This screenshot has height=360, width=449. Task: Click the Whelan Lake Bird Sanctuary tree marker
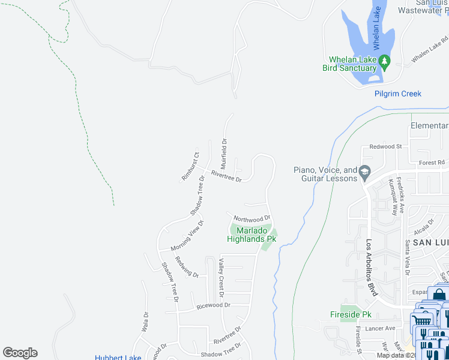point(384,61)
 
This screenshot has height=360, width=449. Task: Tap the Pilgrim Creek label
point(398,94)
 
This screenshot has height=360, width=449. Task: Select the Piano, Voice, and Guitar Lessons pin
point(364,173)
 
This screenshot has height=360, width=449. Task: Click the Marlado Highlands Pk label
point(252,235)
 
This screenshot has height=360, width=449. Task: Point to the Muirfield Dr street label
point(223,154)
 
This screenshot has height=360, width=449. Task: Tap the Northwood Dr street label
point(252,218)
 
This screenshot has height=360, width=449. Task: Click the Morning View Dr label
point(187,236)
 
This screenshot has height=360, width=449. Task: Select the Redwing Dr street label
point(187,266)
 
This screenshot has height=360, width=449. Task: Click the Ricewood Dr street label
point(213,305)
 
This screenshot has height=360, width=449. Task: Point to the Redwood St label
point(385,146)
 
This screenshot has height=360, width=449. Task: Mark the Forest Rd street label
point(432,162)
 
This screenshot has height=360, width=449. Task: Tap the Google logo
point(20,353)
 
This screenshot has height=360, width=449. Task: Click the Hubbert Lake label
point(118,358)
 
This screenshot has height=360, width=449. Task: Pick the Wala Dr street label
point(145,322)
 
